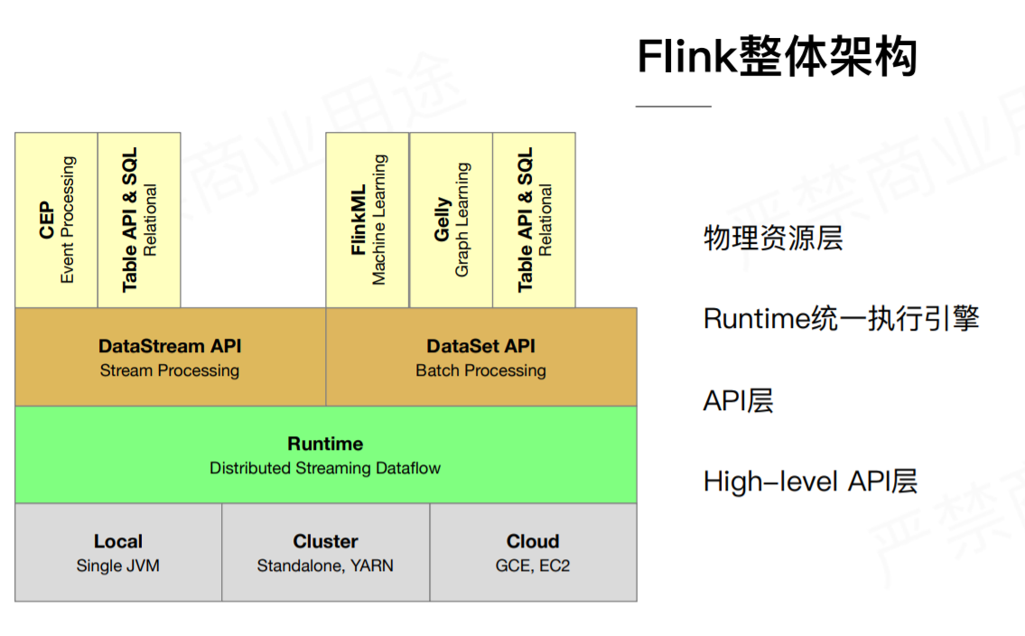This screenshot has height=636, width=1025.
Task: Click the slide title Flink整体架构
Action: tap(777, 58)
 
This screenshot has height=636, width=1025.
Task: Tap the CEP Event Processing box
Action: tap(56, 220)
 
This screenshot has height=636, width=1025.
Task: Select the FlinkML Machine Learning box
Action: tap(368, 220)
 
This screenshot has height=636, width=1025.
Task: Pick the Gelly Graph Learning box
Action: tap(452, 220)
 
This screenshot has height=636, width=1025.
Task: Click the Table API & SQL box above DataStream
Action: tap(139, 220)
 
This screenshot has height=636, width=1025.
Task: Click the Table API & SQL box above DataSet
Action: tap(535, 220)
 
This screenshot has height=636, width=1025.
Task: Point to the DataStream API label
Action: tap(170, 346)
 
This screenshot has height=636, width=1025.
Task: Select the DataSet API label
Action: tap(480, 346)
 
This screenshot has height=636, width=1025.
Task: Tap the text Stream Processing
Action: tap(170, 370)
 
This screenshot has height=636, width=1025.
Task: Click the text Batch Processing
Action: tap(480, 370)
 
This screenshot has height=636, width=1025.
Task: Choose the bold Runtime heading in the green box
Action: tap(325, 444)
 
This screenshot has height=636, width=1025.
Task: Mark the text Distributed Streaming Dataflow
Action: tap(325, 468)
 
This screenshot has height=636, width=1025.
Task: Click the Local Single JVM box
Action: tap(118, 552)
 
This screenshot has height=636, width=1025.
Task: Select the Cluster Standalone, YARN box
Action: tap(325, 552)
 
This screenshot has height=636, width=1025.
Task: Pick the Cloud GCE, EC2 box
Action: tap(533, 552)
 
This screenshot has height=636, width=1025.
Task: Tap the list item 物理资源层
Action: tap(772, 238)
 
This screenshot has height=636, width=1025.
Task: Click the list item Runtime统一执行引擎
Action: tap(841, 318)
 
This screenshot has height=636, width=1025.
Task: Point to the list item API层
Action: tap(738, 400)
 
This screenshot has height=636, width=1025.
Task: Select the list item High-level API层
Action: tap(810, 481)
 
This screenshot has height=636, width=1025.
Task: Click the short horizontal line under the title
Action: tap(673, 107)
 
